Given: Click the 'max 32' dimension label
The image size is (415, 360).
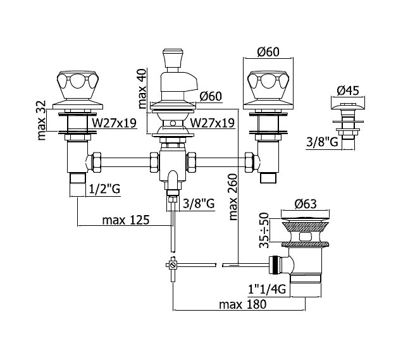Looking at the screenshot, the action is (42, 120).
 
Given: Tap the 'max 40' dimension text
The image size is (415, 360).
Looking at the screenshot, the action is (142, 89).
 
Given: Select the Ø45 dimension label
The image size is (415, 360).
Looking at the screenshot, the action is (348, 90).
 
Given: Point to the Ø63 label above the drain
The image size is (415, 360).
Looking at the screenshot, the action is (306, 204).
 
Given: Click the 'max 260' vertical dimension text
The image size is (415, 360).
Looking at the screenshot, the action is (233, 197).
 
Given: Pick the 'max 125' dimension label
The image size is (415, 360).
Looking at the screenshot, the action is (126, 220).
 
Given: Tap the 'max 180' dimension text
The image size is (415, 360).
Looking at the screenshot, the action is (243, 304).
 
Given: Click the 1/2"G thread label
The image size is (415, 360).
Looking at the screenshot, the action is (104, 189).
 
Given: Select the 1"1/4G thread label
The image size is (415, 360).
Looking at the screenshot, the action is (267, 289).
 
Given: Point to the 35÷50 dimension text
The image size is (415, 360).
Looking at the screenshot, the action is (264, 230).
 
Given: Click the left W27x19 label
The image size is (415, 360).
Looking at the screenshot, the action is (114, 123).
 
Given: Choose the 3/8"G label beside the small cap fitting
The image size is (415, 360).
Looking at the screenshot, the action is (323, 142).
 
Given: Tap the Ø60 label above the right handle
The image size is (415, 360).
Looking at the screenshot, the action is (268, 52).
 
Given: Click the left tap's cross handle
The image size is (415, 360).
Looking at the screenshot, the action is (78, 85).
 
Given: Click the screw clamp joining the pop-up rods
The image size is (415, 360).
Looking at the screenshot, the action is (173, 265).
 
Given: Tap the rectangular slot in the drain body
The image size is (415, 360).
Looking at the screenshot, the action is (306, 236).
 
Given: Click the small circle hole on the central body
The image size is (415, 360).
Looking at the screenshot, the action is (173, 123).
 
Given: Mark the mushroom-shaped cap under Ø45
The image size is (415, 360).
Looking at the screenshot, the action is (348, 106).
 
